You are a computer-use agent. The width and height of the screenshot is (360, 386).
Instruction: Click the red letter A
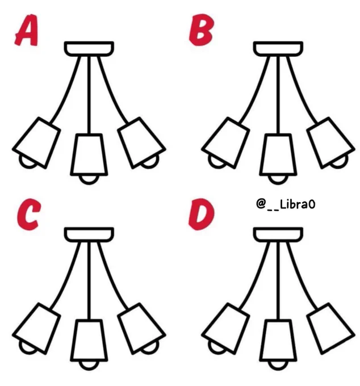click(x=27, y=30)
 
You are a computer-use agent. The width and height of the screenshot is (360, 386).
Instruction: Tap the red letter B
click(x=200, y=30)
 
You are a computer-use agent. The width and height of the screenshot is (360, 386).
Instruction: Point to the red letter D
click(x=201, y=214)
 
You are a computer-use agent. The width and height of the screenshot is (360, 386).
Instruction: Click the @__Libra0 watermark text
click(x=286, y=204)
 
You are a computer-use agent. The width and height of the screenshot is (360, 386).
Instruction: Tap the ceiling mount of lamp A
click(x=89, y=48)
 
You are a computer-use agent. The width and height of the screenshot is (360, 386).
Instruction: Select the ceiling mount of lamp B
click(x=278, y=48)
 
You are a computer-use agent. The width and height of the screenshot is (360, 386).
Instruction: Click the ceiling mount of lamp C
click(x=89, y=234)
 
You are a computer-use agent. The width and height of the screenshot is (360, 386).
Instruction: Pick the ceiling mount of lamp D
click(x=278, y=234)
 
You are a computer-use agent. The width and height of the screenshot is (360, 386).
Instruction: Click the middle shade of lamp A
click(x=89, y=154)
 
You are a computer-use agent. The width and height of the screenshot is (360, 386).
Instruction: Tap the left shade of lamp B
click(x=225, y=143)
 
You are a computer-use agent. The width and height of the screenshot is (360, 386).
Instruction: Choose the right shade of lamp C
click(x=141, y=329)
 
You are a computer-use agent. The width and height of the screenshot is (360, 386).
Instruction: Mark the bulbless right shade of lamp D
click(x=330, y=329)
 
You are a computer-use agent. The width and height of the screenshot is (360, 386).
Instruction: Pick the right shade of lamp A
click(x=141, y=143)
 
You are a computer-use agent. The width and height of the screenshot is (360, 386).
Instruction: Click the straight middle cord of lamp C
click(x=89, y=280)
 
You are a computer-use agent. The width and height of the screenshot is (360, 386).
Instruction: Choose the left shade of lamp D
click(x=225, y=329)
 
